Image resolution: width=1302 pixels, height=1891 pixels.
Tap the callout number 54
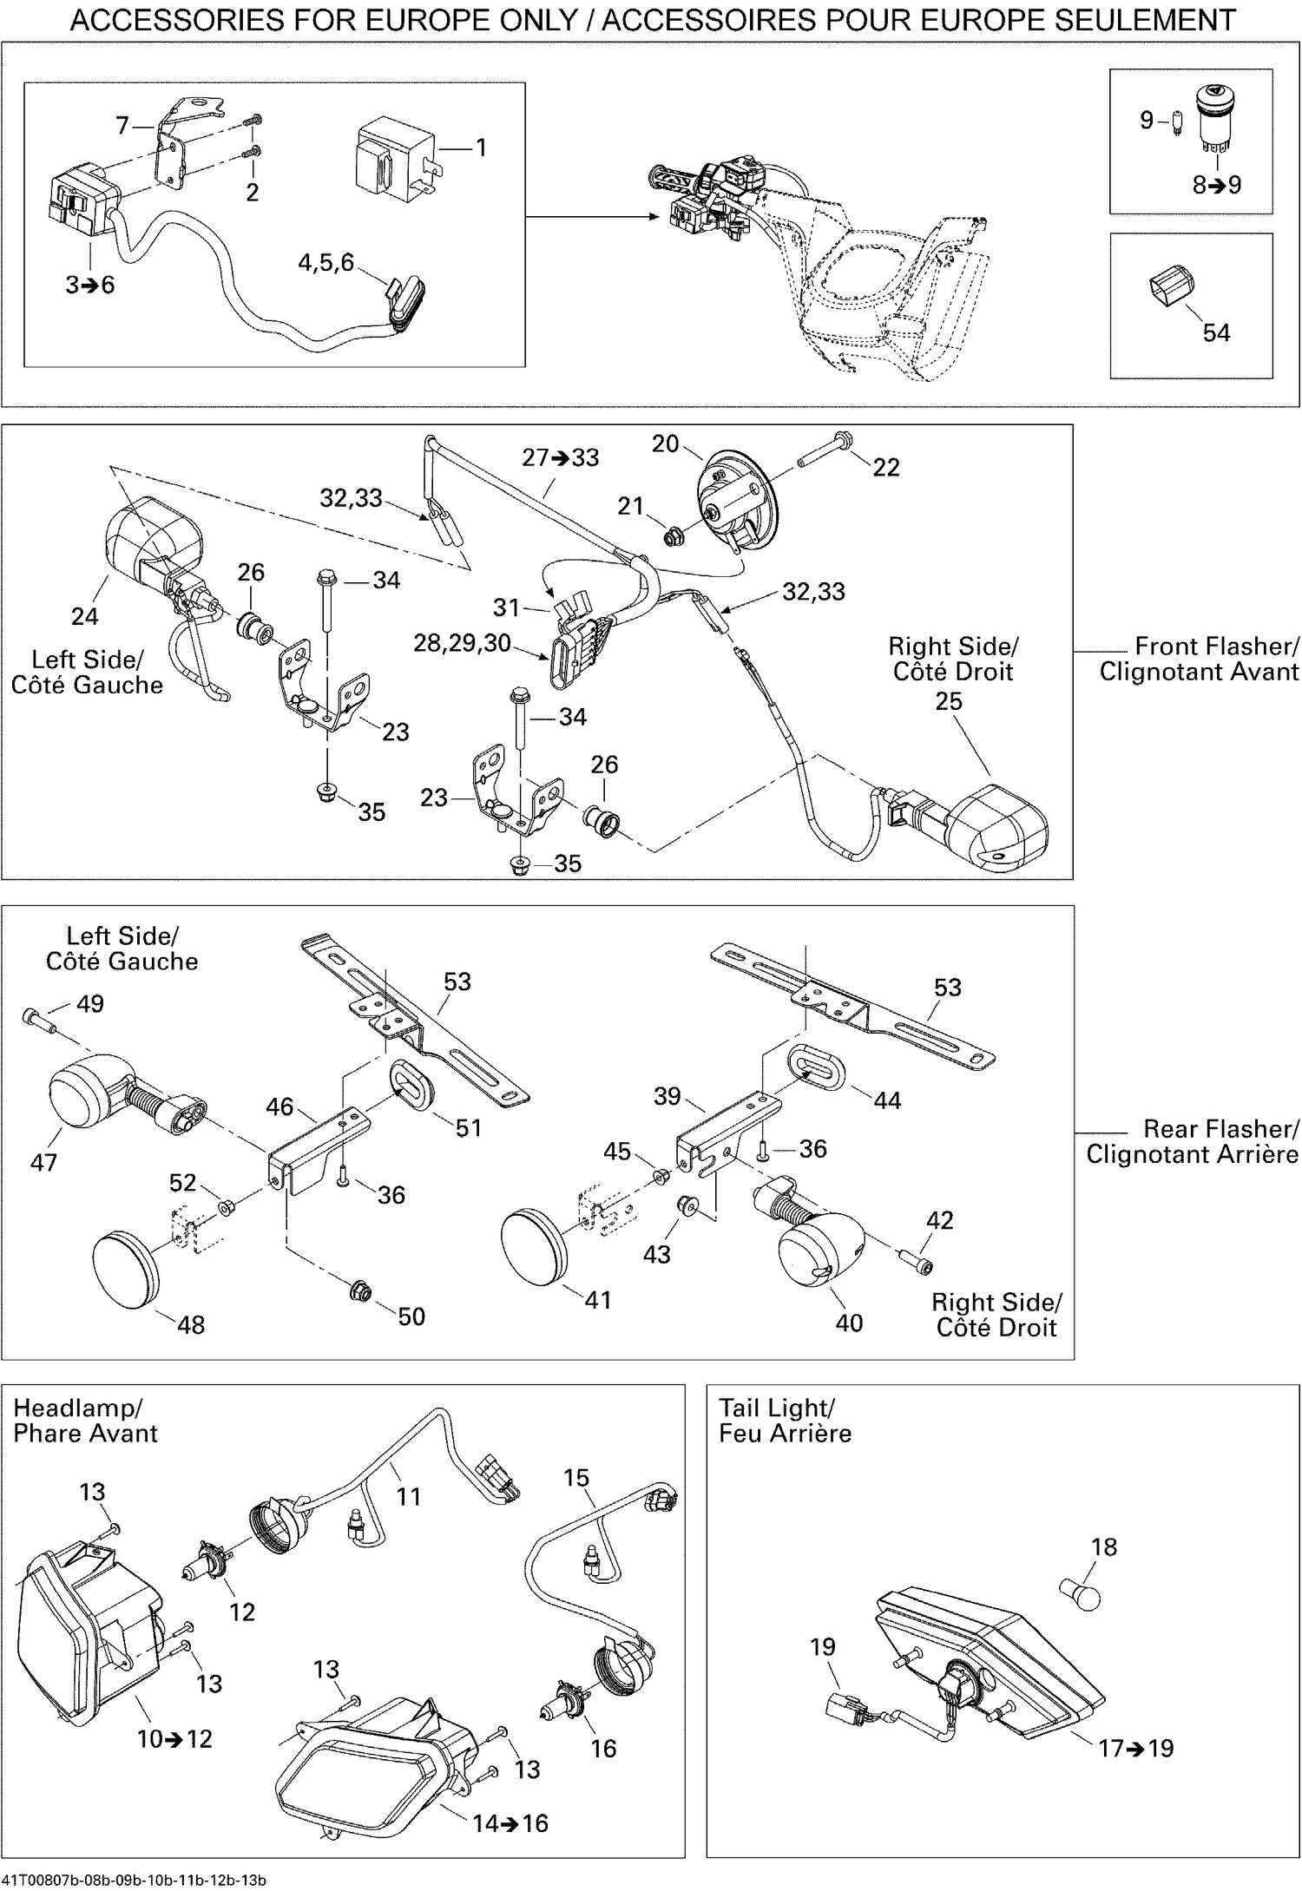(x=1216, y=332)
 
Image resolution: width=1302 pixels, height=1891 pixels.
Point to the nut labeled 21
(x=672, y=539)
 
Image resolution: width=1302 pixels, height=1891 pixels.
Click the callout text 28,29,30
(x=462, y=643)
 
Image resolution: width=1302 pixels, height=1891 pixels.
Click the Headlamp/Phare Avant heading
(x=85, y=1421)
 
